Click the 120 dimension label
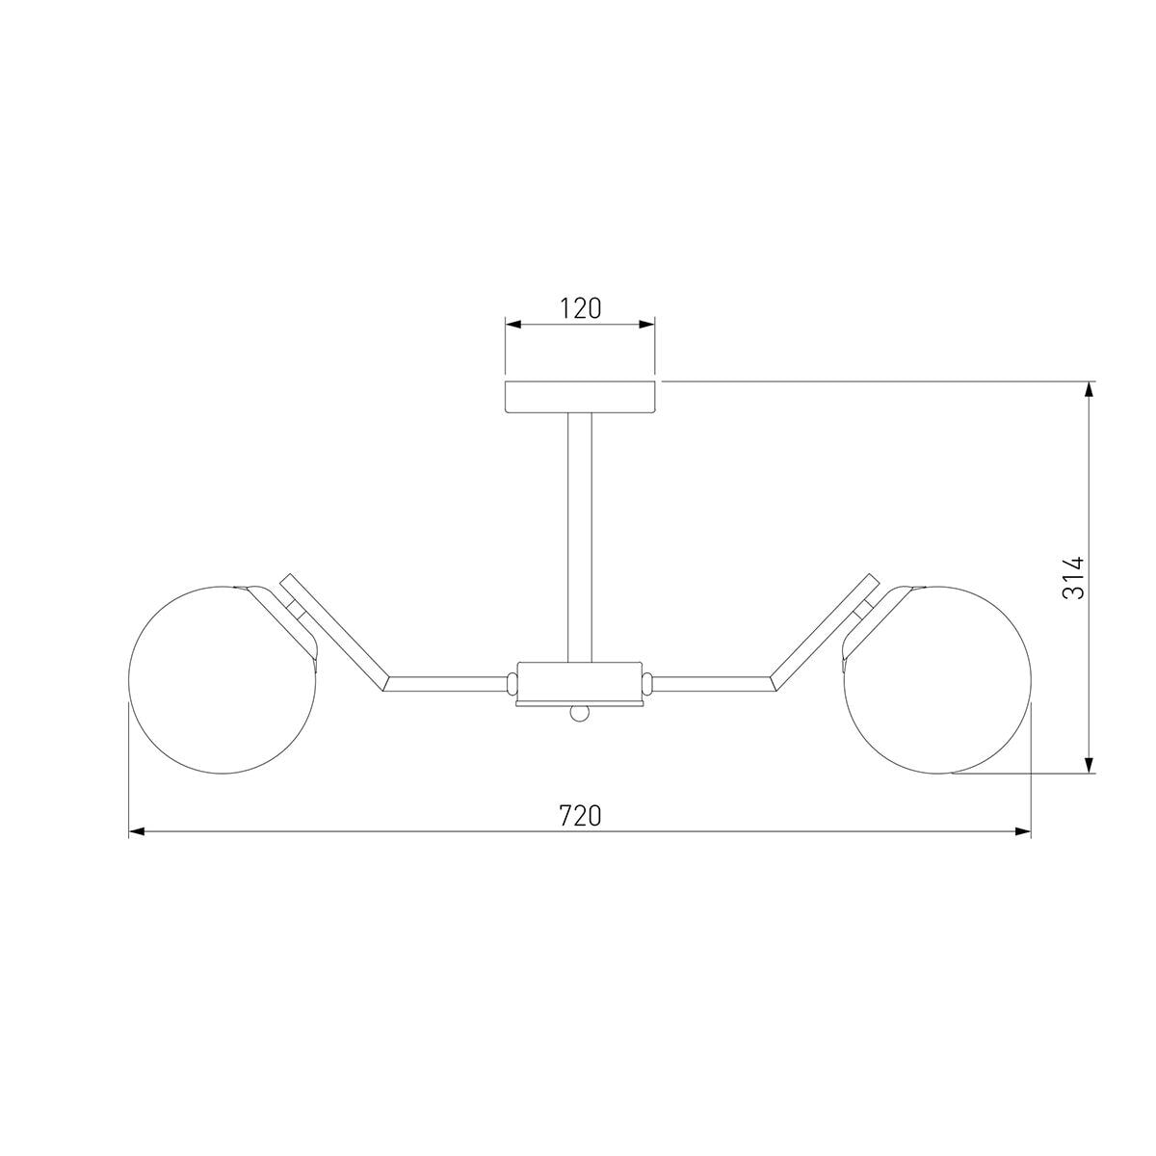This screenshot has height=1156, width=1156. point(580,308)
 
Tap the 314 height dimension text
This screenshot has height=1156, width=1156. point(1073,578)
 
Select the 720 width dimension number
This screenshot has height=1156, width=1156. point(580,816)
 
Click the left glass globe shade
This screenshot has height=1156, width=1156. point(222,680)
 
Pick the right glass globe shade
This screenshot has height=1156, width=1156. point(937,680)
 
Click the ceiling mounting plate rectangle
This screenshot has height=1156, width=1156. point(580,397)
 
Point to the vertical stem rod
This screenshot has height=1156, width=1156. point(580,538)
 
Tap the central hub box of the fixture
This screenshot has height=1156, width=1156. point(579,683)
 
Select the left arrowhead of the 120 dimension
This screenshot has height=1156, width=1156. point(512,325)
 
